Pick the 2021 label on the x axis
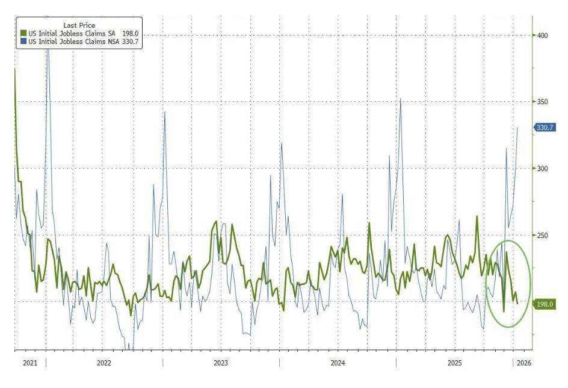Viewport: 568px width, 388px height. pos(29,363)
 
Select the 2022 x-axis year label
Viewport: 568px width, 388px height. pos(104,363)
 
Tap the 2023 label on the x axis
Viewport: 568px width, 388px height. pos(221,363)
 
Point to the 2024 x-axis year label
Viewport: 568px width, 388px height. pos(338,363)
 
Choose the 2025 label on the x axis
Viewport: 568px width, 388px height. pos(454,363)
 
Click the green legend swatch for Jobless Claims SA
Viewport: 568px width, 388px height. pos(23,33)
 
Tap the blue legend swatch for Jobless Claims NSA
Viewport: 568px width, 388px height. pos(23,42)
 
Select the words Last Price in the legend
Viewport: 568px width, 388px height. pos(79,25)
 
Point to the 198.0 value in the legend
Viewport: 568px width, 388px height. pos(131,33)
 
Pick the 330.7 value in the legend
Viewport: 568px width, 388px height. pos(131,42)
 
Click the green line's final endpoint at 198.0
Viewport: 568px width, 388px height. pos(517,303)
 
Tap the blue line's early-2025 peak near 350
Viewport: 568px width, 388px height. pos(401,98)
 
